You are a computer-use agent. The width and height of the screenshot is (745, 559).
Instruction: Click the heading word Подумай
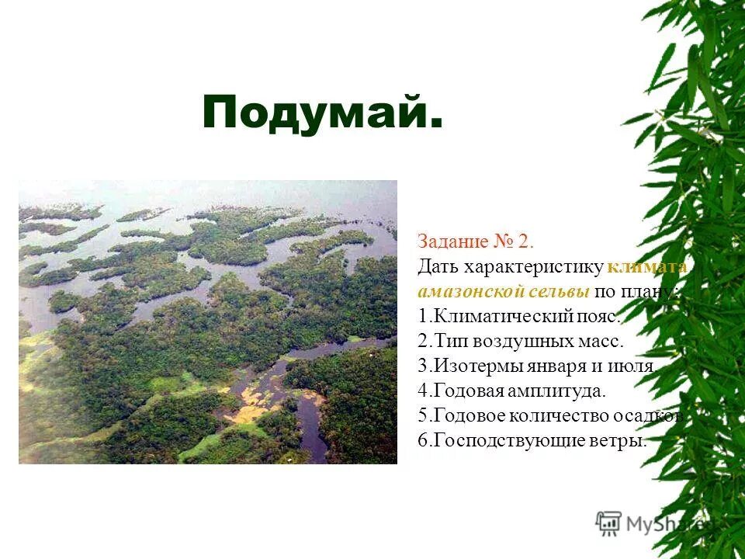(x=322, y=113)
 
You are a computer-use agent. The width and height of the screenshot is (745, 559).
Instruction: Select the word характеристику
(x=533, y=266)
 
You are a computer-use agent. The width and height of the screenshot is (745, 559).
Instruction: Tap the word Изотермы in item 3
(x=470, y=366)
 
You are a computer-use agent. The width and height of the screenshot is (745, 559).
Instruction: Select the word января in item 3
(x=547, y=366)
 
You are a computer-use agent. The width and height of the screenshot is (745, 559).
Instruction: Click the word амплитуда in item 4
(x=560, y=391)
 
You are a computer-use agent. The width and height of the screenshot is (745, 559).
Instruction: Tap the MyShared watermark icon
(x=608, y=523)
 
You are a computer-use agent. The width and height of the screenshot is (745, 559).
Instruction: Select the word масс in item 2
(x=601, y=341)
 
